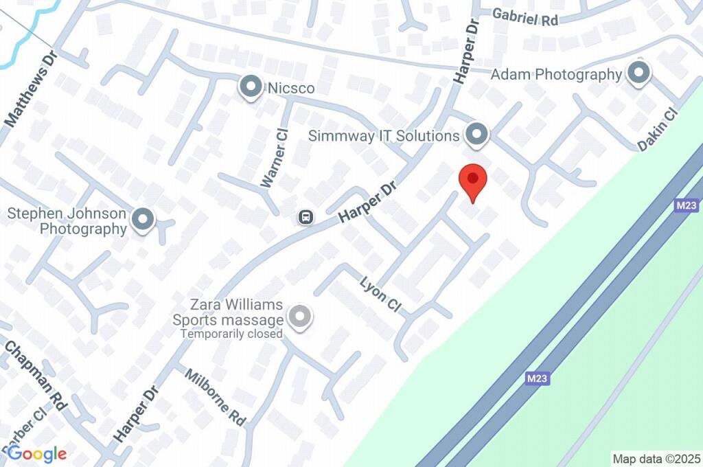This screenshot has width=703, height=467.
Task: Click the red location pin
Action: (x=472, y=181)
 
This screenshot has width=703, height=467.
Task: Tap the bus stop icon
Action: (x=306, y=218)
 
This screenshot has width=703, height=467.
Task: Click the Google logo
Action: (x=36, y=453)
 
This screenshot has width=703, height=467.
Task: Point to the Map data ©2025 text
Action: (x=656, y=458)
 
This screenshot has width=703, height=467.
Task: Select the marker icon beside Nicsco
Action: (x=251, y=87)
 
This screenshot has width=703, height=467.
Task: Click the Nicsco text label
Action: (x=291, y=88)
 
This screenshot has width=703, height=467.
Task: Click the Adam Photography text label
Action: (x=556, y=74)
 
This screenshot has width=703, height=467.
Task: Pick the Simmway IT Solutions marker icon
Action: (x=476, y=135)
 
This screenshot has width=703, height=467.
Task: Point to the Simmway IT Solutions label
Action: (x=384, y=135)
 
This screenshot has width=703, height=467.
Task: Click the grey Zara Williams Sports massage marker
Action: (x=299, y=317)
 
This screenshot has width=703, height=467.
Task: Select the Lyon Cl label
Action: (x=380, y=294)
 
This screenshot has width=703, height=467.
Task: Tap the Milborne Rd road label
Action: (x=216, y=396)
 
